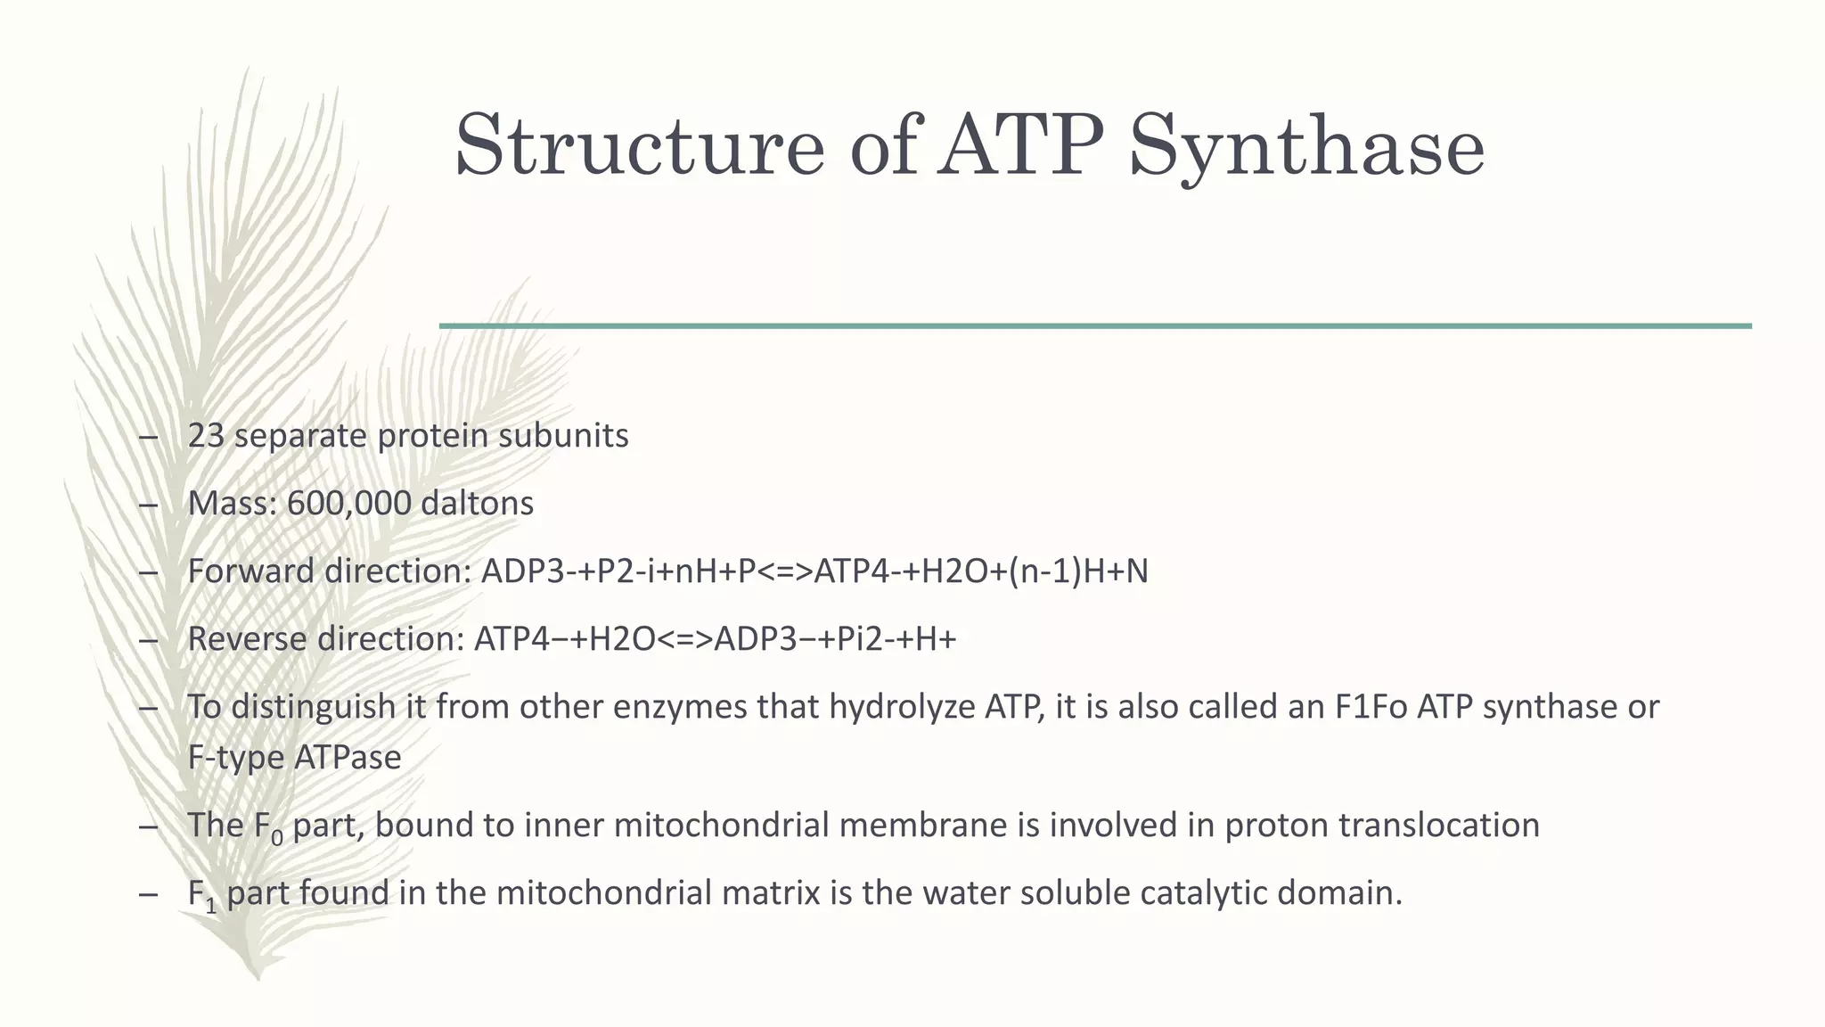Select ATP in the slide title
pyautogui.click(x=1022, y=145)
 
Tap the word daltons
pyautogui.click(x=477, y=504)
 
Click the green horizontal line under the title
pyautogui.click(x=1095, y=326)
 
